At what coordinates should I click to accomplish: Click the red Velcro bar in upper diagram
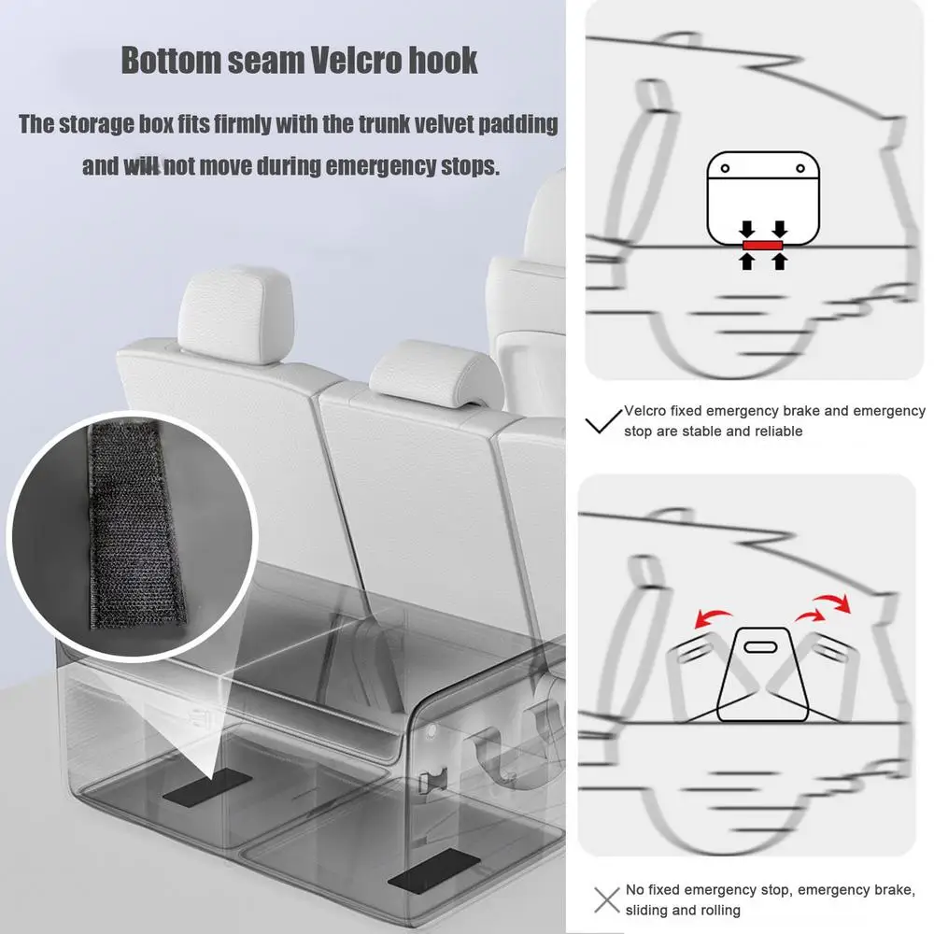[762, 246]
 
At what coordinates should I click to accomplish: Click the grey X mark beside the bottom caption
[607, 899]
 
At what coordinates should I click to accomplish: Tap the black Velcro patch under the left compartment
[207, 786]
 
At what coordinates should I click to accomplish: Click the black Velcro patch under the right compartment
[433, 871]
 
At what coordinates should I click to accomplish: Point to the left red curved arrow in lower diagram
[713, 617]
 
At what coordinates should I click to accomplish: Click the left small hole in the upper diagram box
[725, 168]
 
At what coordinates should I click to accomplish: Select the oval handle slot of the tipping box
[760, 647]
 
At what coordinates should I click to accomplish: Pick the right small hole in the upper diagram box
[800, 168]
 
